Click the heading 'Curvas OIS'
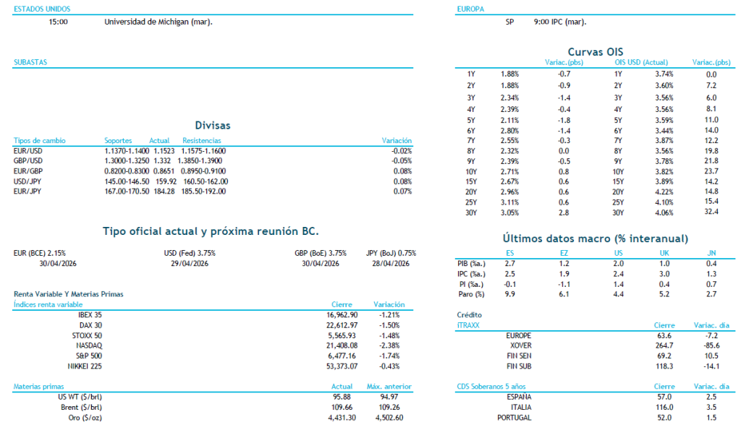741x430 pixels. click(596, 51)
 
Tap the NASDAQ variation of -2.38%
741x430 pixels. click(389, 346)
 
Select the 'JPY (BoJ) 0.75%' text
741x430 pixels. click(391, 253)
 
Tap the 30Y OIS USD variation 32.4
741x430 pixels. click(711, 212)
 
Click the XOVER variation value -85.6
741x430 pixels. click(710, 345)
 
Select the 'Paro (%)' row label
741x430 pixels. click(471, 294)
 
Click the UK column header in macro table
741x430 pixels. click(664, 253)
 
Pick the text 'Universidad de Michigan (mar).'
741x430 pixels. click(158, 22)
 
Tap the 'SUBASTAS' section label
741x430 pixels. click(30, 63)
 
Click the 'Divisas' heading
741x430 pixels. click(213, 125)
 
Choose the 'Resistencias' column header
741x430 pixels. click(202, 140)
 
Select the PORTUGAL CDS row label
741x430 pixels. click(515, 418)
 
